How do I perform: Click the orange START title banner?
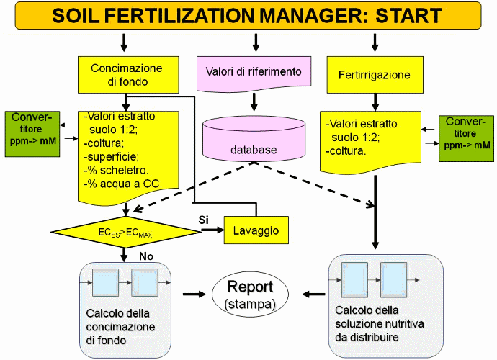[x=248, y=15]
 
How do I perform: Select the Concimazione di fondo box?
[x=126, y=75]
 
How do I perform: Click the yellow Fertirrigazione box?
[x=373, y=74]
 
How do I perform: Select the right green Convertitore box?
[x=467, y=134]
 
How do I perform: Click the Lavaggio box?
[x=256, y=231]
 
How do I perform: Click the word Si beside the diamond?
[x=203, y=219]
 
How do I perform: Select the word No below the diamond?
[x=146, y=256]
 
